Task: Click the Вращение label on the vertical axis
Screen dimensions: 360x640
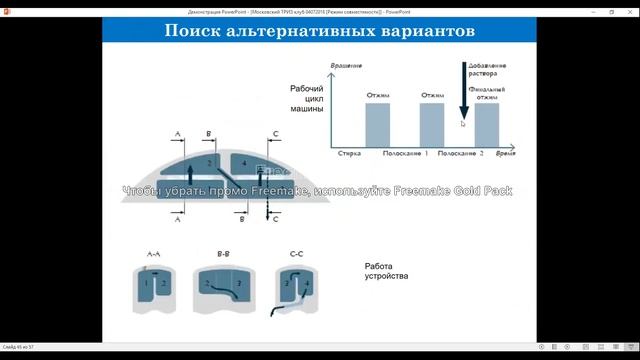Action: (345, 65)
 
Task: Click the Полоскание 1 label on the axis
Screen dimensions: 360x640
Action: (405, 156)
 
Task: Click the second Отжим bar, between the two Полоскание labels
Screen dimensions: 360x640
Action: (432, 126)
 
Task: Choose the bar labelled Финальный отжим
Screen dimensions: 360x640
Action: (486, 126)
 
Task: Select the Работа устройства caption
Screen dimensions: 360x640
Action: (386, 270)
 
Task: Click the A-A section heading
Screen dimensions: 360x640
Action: (154, 256)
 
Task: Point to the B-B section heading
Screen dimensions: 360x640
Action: (225, 256)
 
